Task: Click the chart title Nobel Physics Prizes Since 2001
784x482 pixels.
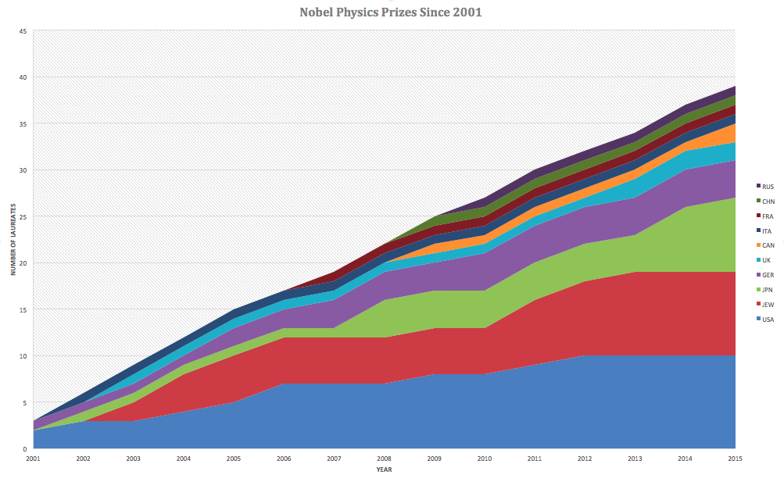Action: [x=392, y=12]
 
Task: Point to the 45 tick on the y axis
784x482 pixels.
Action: [x=23, y=31]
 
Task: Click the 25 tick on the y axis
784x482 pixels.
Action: [x=23, y=216]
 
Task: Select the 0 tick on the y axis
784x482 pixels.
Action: [x=24, y=449]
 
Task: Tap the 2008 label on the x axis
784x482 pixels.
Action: [x=384, y=459]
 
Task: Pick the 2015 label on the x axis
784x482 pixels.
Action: [x=735, y=459]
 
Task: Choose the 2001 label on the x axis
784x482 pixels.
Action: [x=33, y=459]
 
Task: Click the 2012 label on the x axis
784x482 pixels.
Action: [x=585, y=459]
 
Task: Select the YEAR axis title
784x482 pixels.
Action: [x=384, y=470]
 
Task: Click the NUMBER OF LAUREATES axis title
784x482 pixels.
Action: [x=13, y=240]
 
